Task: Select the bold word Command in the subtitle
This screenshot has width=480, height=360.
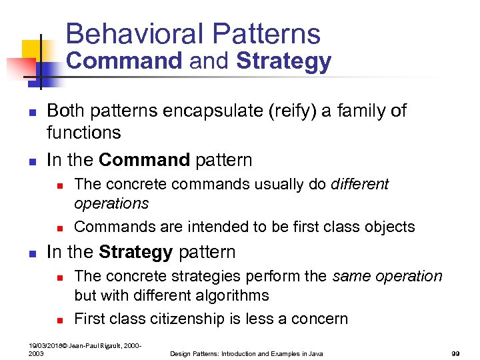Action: click(124, 61)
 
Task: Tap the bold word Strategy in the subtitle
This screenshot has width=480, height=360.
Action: click(283, 61)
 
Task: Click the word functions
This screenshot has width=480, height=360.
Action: click(84, 133)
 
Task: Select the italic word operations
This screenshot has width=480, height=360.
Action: click(111, 203)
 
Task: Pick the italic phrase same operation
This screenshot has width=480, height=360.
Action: click(387, 276)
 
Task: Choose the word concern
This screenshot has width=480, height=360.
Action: click(319, 319)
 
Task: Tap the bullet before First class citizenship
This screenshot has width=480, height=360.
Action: click(59, 319)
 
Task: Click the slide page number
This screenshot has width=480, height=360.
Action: click(456, 353)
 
